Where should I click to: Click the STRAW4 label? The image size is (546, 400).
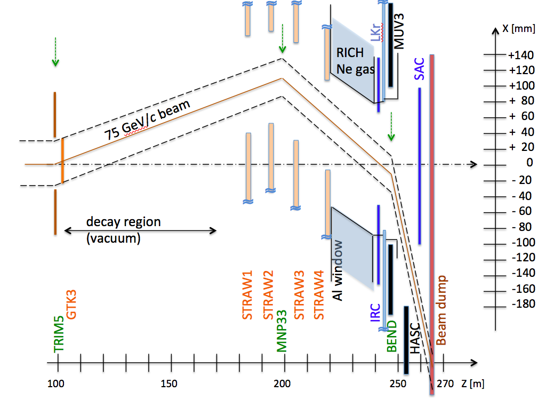pyautogui.click(x=319, y=296)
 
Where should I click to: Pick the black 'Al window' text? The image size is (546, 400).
pyautogui.click(x=338, y=270)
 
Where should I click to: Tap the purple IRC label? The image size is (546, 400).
pyautogui.click(x=375, y=314)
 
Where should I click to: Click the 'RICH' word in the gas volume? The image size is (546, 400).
pyautogui.click(x=350, y=52)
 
